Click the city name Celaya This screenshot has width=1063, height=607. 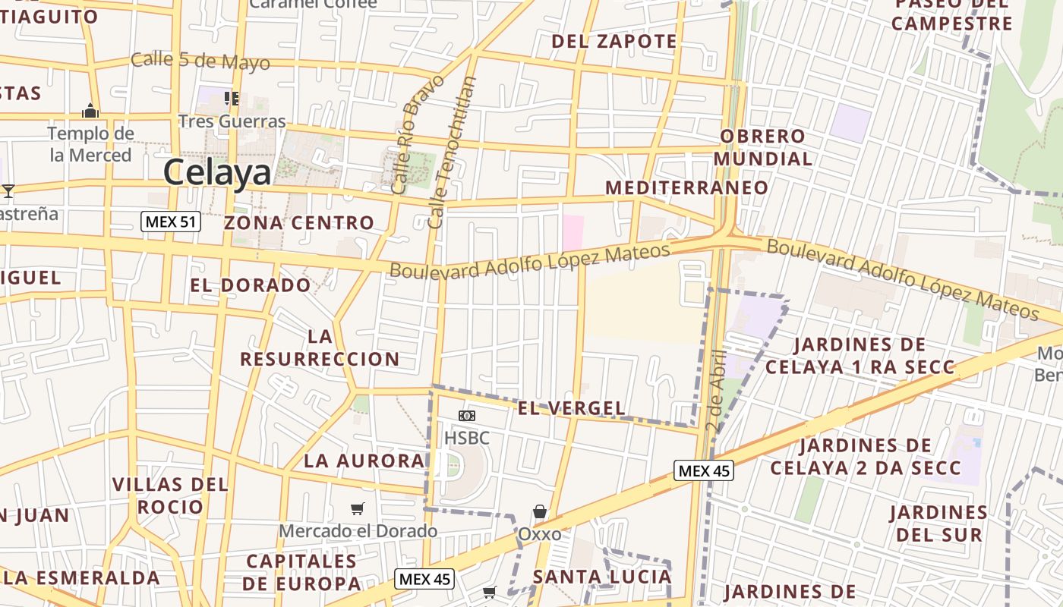point(217,173)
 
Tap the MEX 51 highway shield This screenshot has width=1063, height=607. point(171,222)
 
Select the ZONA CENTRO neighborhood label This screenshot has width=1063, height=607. point(299,223)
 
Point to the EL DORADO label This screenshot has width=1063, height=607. point(251,285)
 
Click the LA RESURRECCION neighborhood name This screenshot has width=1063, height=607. point(320,348)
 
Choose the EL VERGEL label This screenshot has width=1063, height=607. point(571,408)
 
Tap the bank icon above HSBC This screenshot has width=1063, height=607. point(467,416)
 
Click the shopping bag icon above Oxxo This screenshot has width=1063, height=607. point(540,511)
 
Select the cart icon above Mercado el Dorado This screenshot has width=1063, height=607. point(358,508)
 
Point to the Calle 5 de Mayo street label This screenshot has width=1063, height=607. point(200,61)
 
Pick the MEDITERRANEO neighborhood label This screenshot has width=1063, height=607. point(686,187)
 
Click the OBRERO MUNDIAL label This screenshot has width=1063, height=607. point(763,148)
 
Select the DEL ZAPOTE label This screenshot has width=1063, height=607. point(614,41)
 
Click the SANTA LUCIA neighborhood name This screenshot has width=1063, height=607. point(602,577)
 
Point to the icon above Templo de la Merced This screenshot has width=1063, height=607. point(90,112)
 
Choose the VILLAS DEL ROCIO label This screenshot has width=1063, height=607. point(170,495)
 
